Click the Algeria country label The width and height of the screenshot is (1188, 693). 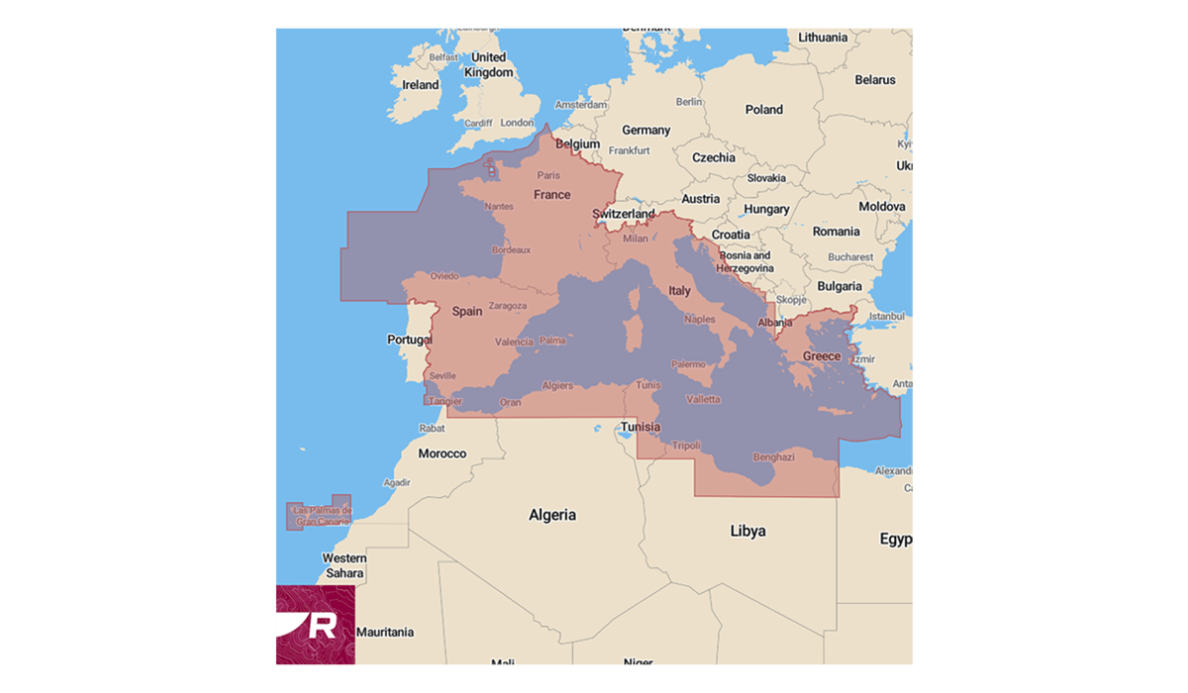click(551, 515)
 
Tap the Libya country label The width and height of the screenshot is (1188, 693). click(747, 531)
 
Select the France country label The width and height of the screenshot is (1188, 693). click(551, 195)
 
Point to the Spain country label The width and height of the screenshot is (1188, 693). click(467, 311)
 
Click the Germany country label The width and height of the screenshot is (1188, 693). click(645, 130)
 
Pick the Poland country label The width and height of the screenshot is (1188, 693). click(763, 110)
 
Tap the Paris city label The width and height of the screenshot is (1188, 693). click(547, 175)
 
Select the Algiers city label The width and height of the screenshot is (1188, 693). click(557, 386)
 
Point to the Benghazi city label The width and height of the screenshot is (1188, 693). click(773, 457)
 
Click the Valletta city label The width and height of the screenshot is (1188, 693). click(704, 400)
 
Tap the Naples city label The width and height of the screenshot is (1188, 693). click(699, 320)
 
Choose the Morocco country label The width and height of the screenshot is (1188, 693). click(442, 453)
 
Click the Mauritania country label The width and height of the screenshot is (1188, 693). click(385, 632)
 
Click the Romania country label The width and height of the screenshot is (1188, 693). click(836, 232)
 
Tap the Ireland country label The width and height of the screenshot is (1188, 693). click(420, 85)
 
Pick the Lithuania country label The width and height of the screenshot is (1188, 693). click(823, 38)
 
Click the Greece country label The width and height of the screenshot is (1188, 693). click(821, 356)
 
